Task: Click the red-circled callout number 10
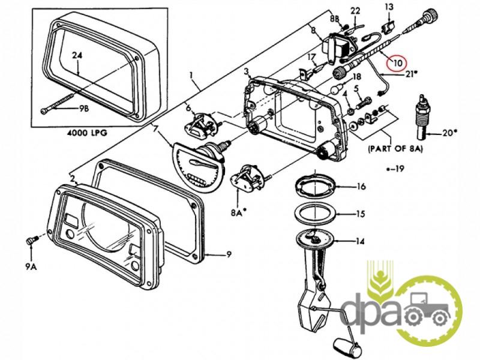(397, 62)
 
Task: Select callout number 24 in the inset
(77, 56)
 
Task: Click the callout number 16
(361, 187)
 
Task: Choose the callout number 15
(361, 214)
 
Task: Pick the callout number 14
(361, 242)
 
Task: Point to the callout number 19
(397, 169)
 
